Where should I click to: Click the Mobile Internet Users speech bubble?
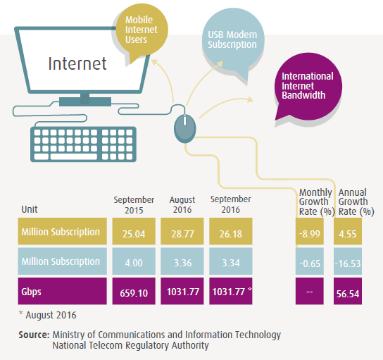tap(142, 30)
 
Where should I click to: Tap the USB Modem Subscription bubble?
tap(233, 40)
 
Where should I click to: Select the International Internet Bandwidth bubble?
tap(308, 86)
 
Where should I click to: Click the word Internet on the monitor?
tap(77, 63)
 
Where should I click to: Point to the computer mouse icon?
tap(185, 128)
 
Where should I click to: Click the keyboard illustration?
tap(83, 144)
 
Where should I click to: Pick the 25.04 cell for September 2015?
tap(134, 231)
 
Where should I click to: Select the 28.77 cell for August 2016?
tap(182, 231)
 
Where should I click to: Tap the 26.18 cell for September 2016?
tap(231, 231)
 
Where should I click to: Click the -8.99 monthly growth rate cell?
tap(310, 231)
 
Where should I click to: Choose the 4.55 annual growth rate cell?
tap(348, 231)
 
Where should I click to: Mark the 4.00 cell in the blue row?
tap(134, 261)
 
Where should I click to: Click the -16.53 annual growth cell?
tap(348, 261)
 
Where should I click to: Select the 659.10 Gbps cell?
tap(134, 291)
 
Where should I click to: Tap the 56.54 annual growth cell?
tap(348, 291)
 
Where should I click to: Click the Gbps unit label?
tap(31, 292)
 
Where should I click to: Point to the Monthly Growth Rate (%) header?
tap(317, 202)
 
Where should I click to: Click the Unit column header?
tap(30, 209)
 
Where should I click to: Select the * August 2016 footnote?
tap(48, 315)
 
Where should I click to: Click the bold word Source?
tap(34, 335)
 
